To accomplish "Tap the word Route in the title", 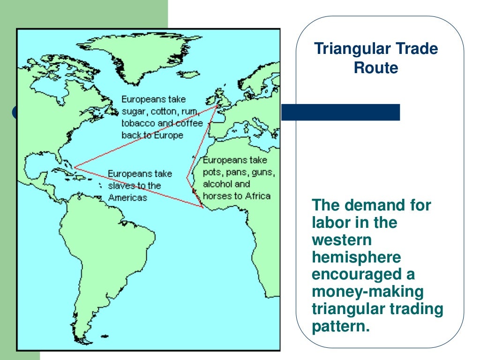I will click(376, 68).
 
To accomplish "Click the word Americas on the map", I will click(127, 198).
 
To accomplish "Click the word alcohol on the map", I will click(219, 184).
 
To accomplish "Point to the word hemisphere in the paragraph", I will click(357, 257).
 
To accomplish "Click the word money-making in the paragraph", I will click(367, 292).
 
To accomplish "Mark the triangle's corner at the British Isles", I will click(217, 106).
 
